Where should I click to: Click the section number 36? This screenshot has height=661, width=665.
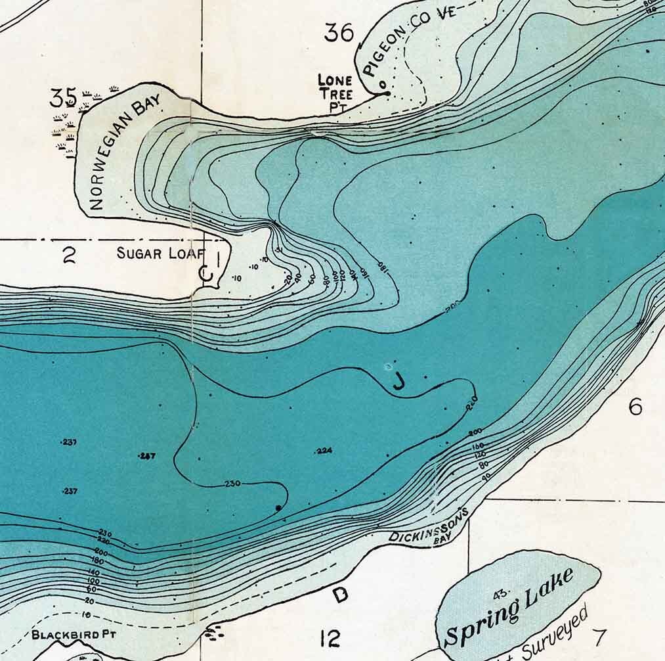(339, 32)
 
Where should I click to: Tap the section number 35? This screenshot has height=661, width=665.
(63, 98)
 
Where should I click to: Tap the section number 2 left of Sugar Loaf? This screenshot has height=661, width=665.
(69, 255)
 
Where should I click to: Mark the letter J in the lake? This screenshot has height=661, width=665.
(397, 383)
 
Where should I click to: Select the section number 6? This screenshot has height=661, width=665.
(635, 407)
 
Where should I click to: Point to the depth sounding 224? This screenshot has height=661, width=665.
(324, 451)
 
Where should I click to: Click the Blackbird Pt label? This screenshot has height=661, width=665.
(74, 635)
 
